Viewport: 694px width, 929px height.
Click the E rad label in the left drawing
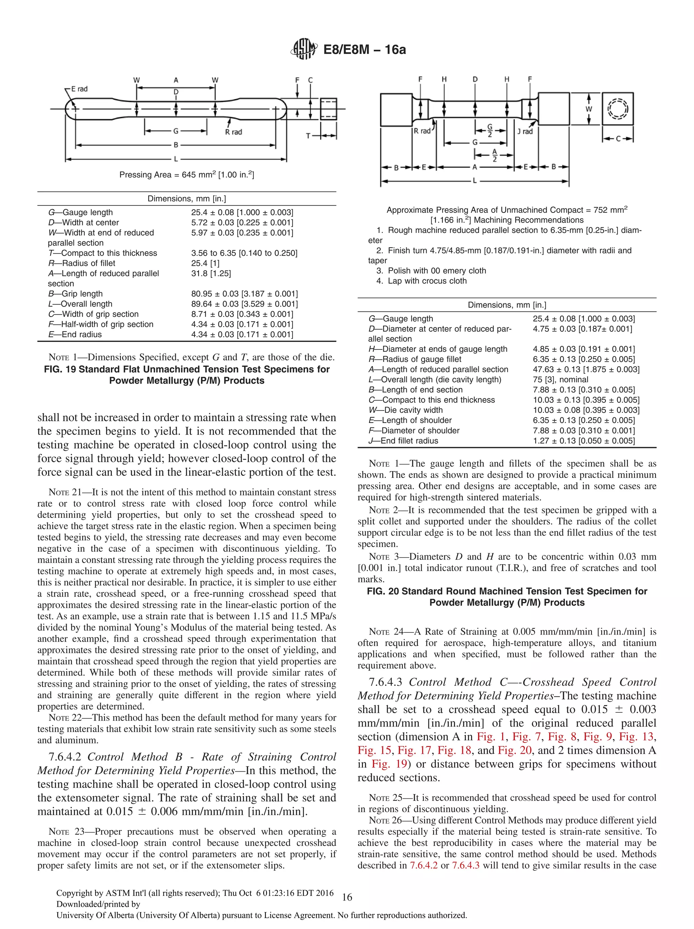79,89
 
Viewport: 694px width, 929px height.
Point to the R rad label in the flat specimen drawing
233,132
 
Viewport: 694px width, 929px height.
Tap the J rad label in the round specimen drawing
525,132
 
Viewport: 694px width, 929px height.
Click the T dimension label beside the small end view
309,136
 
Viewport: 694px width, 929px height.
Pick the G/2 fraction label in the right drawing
490,130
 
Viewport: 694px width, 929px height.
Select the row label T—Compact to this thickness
102,253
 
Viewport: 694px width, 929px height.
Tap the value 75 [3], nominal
560,379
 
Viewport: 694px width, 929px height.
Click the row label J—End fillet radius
403,441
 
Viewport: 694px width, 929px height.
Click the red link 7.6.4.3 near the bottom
465,865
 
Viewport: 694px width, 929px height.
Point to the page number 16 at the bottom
347,897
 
